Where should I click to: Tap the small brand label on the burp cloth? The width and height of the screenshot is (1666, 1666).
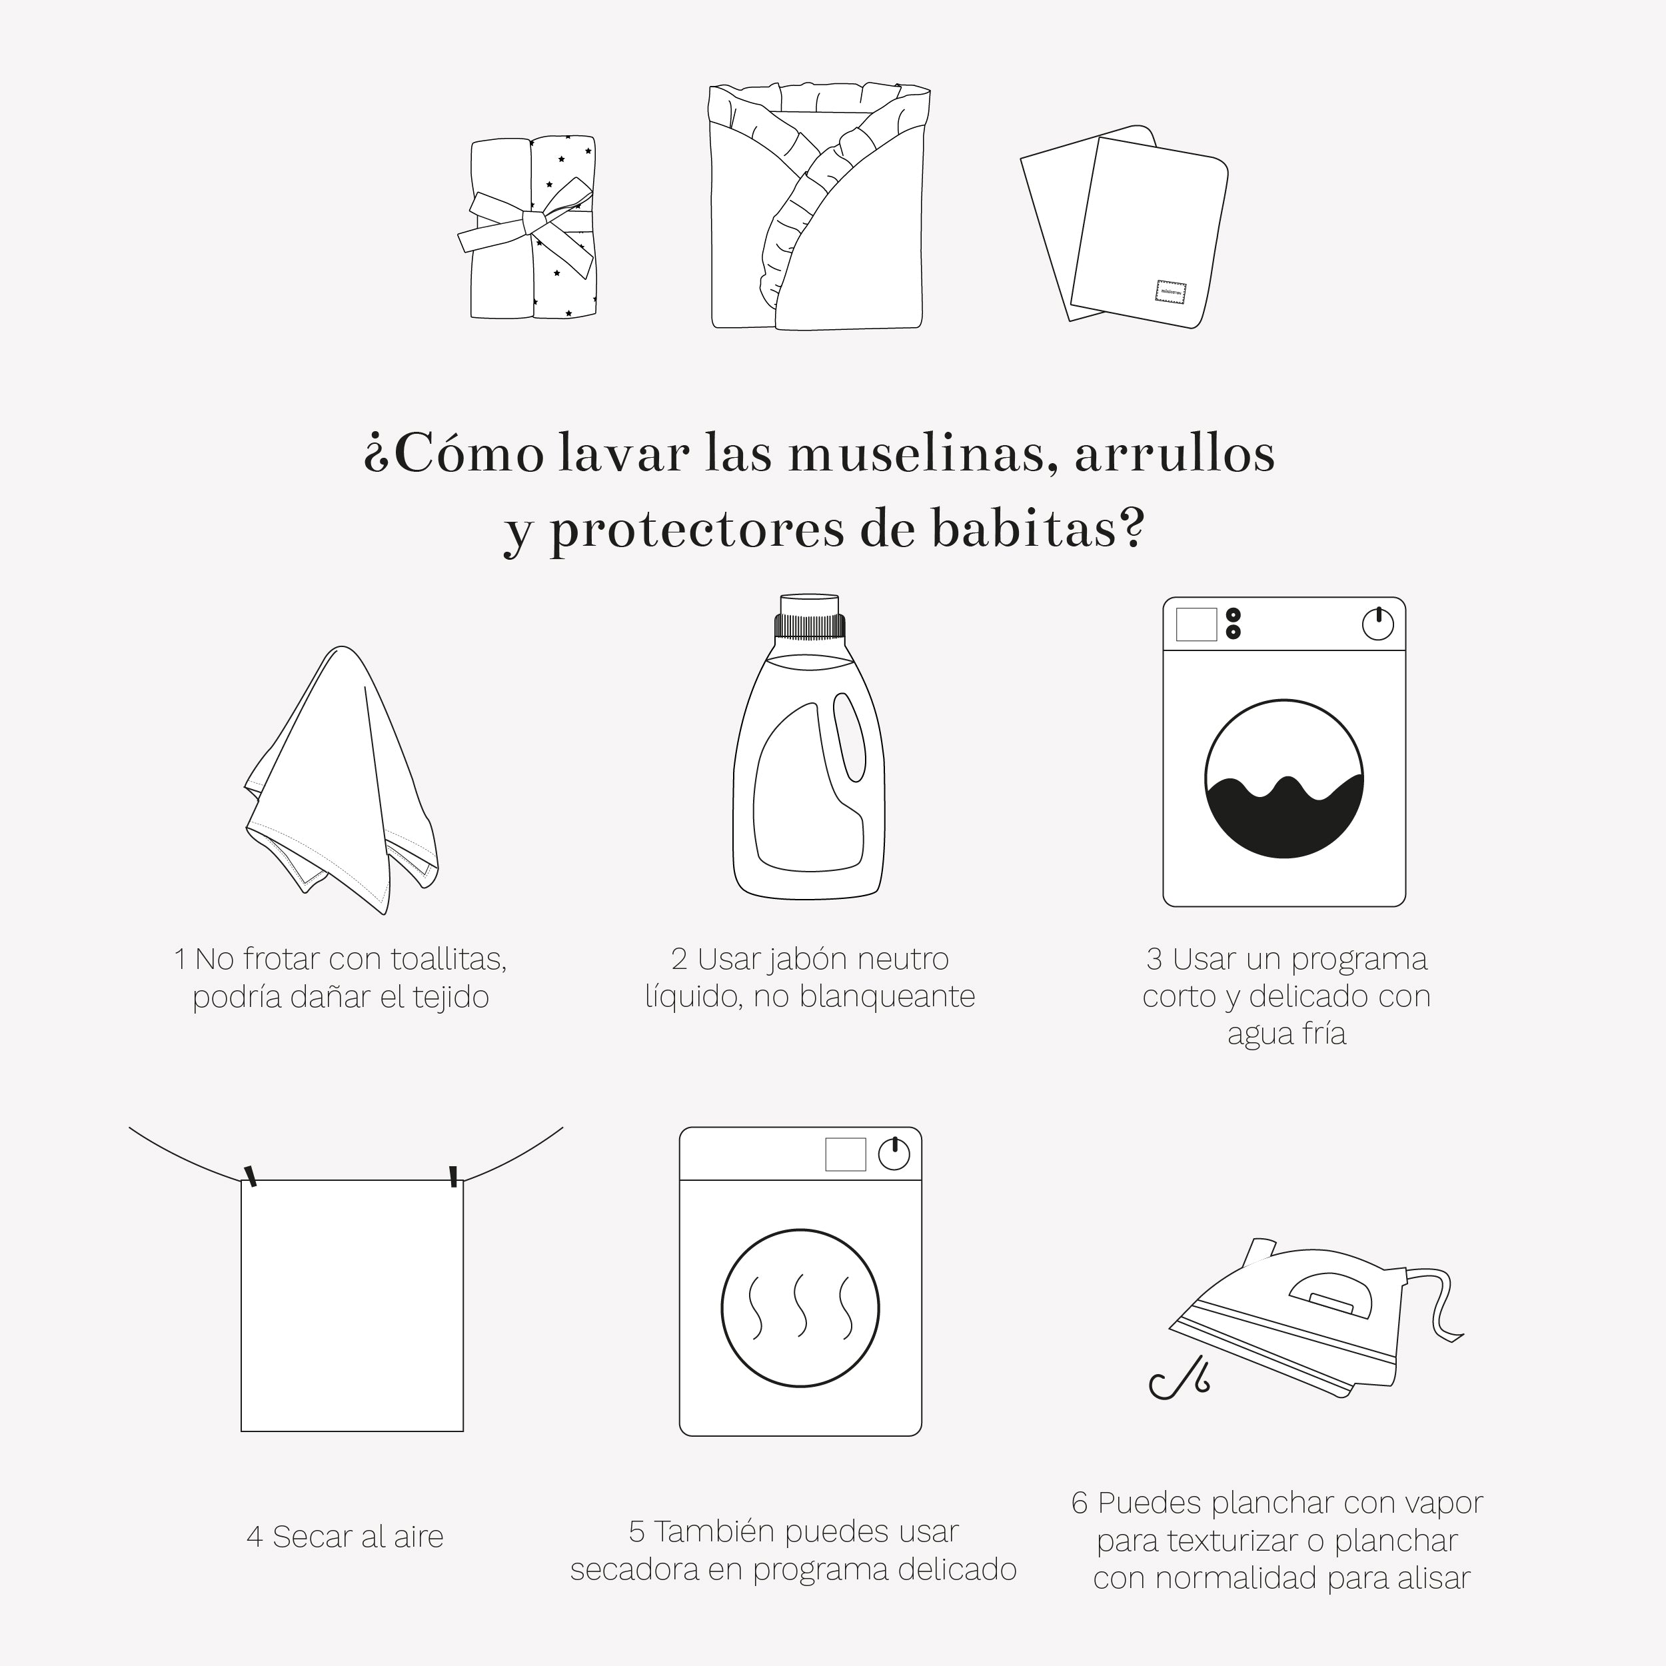coord(1170,291)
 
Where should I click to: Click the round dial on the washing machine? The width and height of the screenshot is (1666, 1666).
coord(1377,624)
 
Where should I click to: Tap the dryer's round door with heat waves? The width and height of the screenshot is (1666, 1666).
coord(800,1309)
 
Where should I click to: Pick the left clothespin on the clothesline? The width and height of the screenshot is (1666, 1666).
coord(251,1176)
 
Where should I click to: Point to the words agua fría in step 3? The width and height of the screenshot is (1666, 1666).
coord(1285,1033)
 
